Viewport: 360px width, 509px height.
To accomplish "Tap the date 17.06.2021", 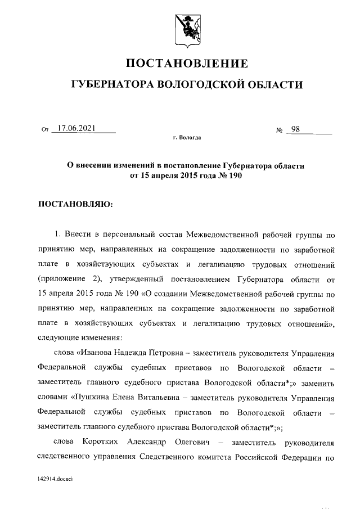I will click(76, 129).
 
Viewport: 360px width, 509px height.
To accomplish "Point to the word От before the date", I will click(46, 130).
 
